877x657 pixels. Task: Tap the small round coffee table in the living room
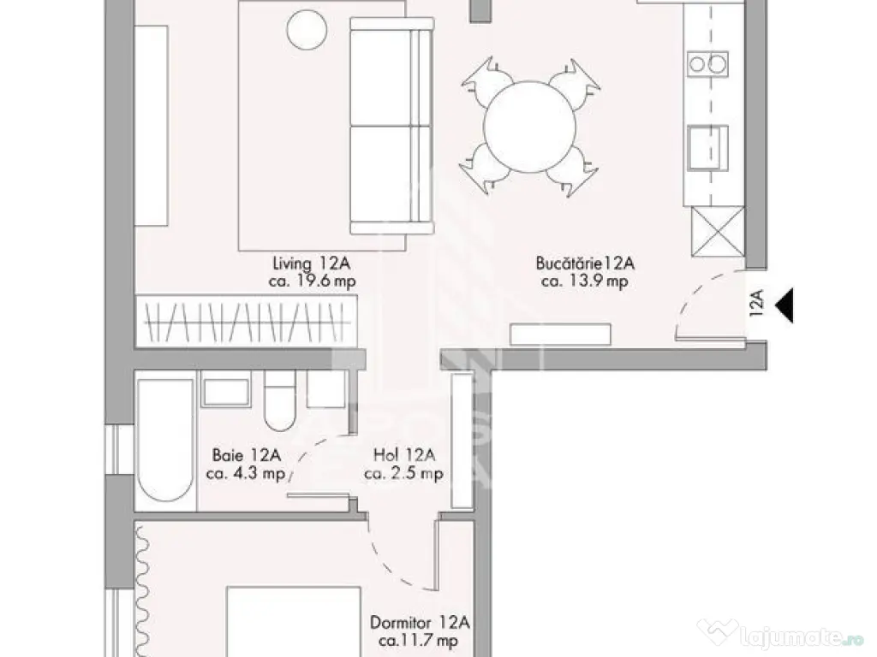(307, 29)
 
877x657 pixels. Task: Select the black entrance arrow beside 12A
(784, 305)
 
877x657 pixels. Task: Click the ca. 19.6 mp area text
(310, 281)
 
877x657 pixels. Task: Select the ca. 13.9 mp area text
(585, 281)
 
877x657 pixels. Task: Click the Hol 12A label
(403, 456)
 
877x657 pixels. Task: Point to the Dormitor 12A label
(420, 622)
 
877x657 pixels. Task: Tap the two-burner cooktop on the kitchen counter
(708, 62)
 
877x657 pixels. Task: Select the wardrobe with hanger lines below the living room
(245, 321)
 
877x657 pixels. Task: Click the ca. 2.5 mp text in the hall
(403, 474)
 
